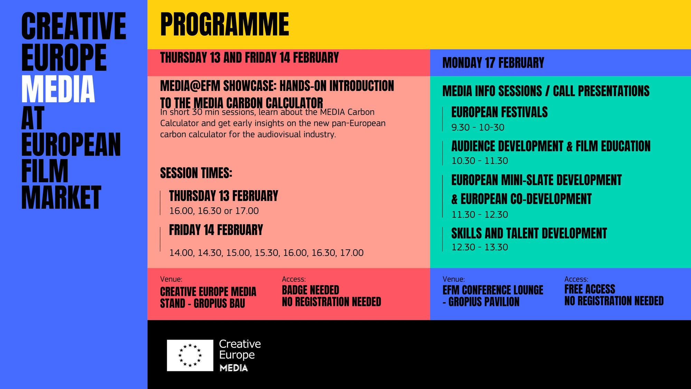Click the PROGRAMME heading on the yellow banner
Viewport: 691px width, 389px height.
coord(225,24)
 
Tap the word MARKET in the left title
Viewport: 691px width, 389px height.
coord(61,197)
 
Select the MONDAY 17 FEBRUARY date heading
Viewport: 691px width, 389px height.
coord(493,63)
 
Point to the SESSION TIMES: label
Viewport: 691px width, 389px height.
coord(196,173)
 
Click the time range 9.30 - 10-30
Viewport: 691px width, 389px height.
coord(478,128)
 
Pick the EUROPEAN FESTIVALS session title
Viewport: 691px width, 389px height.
coord(499,112)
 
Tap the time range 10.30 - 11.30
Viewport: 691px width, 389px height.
coord(480,161)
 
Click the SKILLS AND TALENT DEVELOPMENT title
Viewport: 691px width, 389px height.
coord(529,233)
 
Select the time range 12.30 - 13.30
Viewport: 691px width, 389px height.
coord(480,247)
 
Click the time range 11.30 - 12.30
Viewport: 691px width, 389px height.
coord(480,215)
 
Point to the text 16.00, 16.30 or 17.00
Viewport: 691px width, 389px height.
coord(214,211)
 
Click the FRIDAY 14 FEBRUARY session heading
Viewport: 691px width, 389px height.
coord(216,230)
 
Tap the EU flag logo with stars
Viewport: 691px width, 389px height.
coord(190,355)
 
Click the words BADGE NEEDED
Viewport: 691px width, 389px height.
coord(310,290)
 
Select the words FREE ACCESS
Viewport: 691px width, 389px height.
coord(590,289)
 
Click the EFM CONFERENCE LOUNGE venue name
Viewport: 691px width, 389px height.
coord(493,290)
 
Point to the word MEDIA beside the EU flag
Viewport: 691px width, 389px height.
coord(234,368)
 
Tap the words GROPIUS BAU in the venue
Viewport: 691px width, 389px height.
coord(219,303)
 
